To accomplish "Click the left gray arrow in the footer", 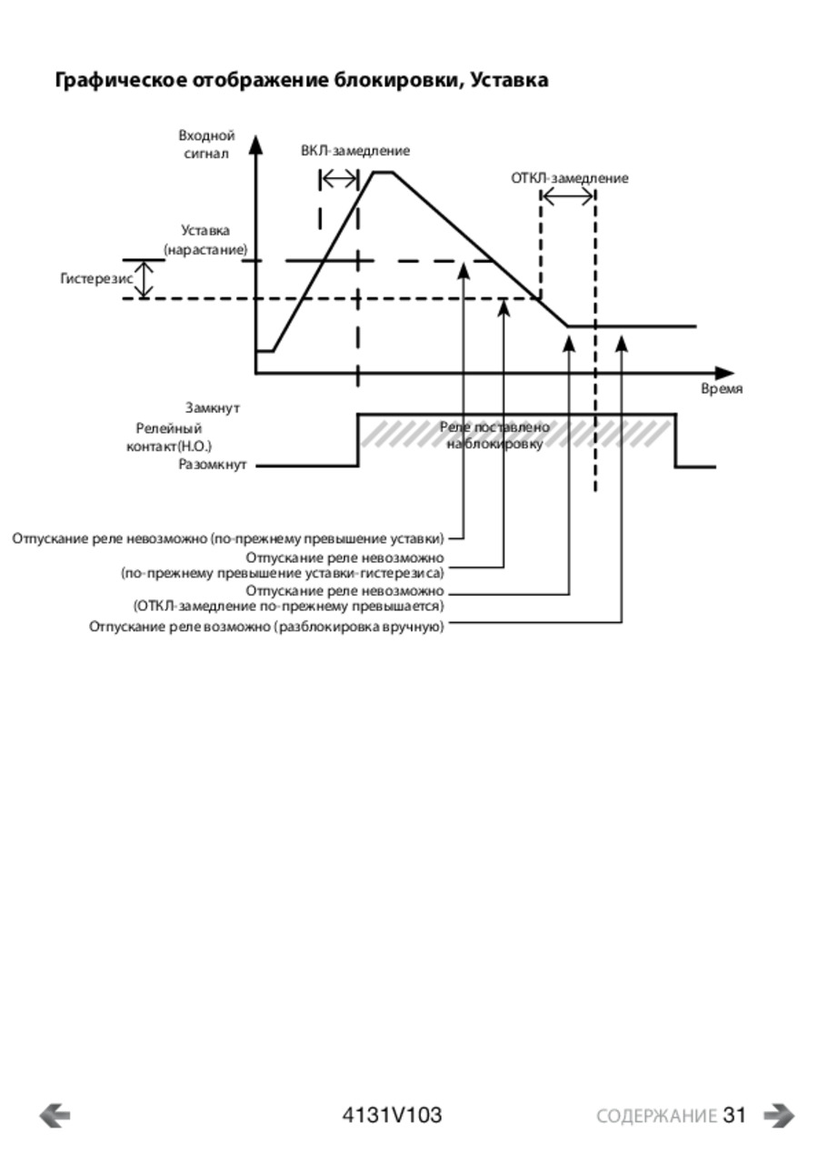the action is pyautogui.click(x=55, y=1116).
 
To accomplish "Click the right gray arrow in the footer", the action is pyautogui.click(x=779, y=1116).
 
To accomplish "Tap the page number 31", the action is pyautogui.click(x=734, y=1116).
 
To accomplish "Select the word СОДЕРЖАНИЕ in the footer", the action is pyautogui.click(x=656, y=1117).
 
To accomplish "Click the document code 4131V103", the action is pyautogui.click(x=392, y=1116).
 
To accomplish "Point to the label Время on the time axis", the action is pyautogui.click(x=722, y=389).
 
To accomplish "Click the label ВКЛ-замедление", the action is pyautogui.click(x=355, y=151).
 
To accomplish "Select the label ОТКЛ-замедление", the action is pyautogui.click(x=569, y=178).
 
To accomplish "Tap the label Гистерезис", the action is pyautogui.click(x=96, y=278).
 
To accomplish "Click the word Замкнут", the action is pyautogui.click(x=213, y=408).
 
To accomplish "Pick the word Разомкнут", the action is pyautogui.click(x=213, y=465).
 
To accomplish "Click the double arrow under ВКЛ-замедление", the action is pyautogui.click(x=339, y=179).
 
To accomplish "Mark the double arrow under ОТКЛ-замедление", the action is pyautogui.click(x=568, y=196).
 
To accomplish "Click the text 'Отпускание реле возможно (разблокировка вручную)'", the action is pyautogui.click(x=266, y=627).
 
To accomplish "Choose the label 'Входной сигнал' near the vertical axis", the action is pyautogui.click(x=207, y=145).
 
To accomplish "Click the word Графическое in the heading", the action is pyautogui.click(x=121, y=81).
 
